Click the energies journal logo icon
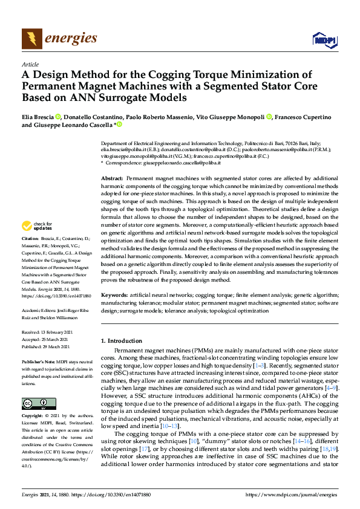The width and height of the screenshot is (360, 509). pos(31,39)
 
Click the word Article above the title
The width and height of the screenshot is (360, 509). pos(30,63)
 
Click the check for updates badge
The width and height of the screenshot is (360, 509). pos(37,226)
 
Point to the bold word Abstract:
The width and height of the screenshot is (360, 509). pos(112,180)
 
